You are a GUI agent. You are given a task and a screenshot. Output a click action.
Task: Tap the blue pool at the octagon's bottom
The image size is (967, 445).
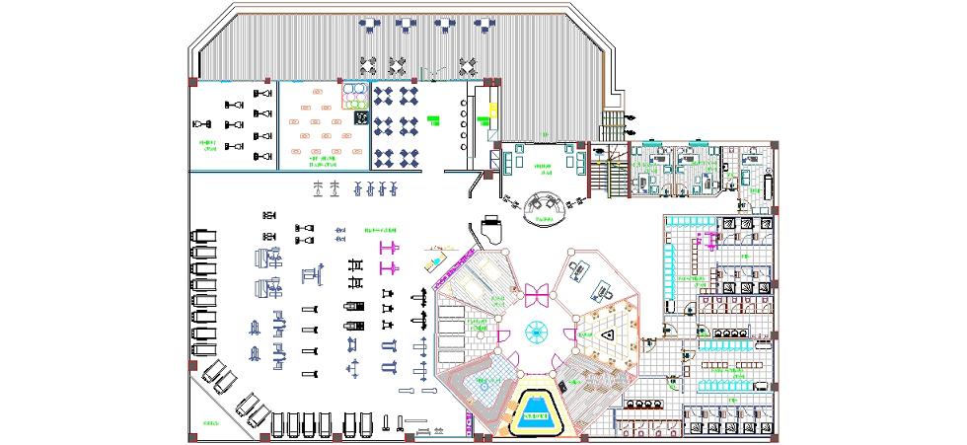[x=538, y=408]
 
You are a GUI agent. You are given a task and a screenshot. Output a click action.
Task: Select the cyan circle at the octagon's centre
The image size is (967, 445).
[x=539, y=332]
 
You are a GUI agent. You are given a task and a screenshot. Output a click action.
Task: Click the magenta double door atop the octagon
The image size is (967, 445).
[x=538, y=292]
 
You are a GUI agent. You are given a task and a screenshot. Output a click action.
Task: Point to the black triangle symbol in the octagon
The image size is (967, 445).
[x=610, y=334]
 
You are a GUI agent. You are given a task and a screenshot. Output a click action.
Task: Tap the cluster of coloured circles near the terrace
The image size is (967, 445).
[x=354, y=95]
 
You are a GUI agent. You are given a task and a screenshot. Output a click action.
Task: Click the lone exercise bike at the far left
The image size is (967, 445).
[x=202, y=123]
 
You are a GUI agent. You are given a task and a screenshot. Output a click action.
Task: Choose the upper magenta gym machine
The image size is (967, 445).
[x=389, y=245]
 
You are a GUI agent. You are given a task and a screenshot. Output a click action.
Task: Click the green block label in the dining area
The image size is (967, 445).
[x=434, y=120]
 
